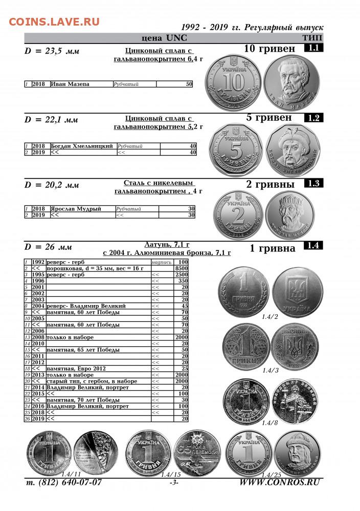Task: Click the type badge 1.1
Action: point(313,49)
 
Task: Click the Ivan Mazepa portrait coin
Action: point(291,81)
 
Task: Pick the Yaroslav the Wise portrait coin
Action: point(289,215)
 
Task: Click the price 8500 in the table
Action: point(182,268)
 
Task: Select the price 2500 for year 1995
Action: point(182,274)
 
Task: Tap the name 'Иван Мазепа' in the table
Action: point(70,84)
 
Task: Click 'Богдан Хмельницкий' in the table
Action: point(82,146)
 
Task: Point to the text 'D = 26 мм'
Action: point(49,247)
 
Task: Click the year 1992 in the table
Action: point(38,262)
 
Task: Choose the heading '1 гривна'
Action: point(273,249)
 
